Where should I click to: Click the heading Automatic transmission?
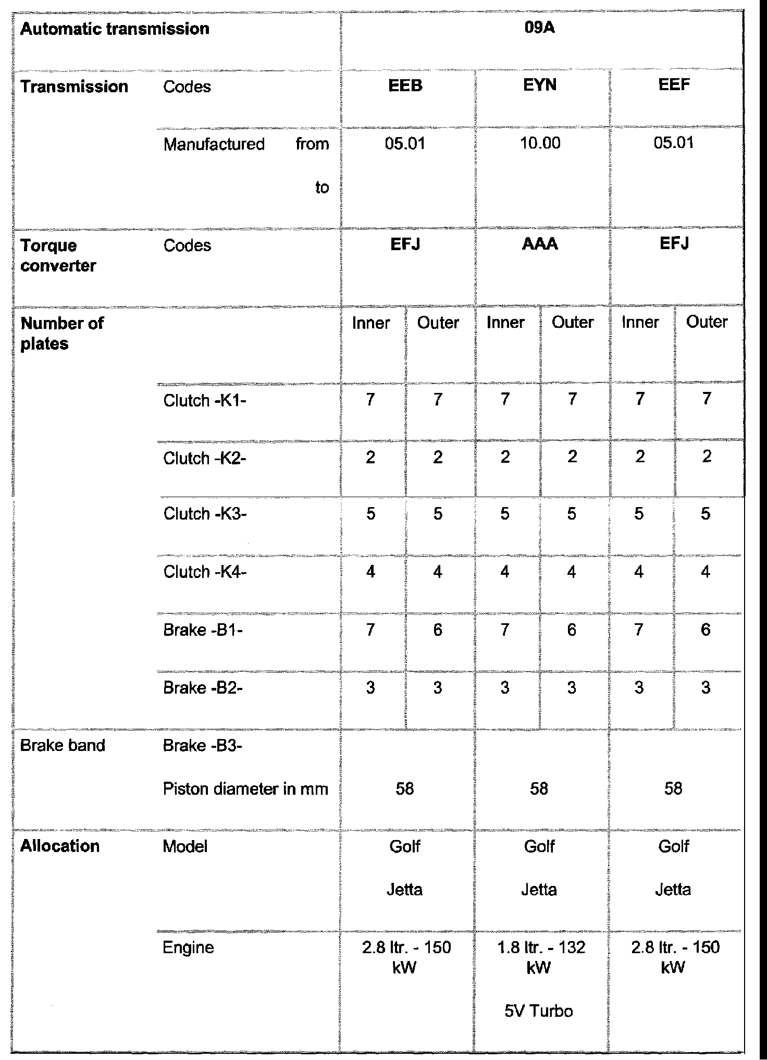115,29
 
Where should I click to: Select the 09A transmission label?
540,28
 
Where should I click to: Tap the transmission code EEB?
405,85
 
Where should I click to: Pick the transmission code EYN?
540,84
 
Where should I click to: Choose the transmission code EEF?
674,84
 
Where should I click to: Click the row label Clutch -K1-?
204,400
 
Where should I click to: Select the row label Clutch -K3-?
204,514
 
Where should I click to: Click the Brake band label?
63,746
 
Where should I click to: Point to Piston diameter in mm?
245,789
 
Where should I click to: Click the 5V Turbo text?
539,1012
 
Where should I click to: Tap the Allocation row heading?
60,846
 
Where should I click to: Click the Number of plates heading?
61,334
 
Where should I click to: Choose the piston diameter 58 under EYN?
539,789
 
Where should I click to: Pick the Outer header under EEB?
438,323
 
